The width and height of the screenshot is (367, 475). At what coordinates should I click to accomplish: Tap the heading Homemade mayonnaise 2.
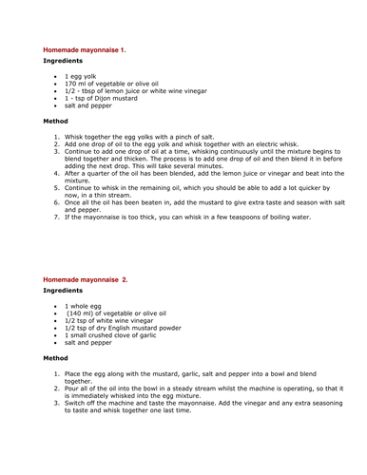86,280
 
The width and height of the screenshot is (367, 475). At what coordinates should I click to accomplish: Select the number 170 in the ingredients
71,84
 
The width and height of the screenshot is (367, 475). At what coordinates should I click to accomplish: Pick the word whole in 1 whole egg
81,306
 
